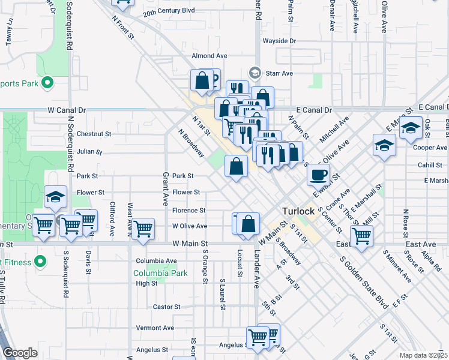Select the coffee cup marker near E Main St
coord(318,174)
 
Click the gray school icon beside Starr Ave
coord(255,73)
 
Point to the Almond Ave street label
coord(209,56)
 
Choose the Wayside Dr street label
coord(279,41)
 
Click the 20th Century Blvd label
coord(169,11)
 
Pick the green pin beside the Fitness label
coord(40,262)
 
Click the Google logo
coord(19,353)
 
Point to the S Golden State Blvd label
coord(366,283)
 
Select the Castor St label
coord(167,307)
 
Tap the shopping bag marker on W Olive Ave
coord(248,224)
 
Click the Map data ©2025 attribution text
coord(423,355)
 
